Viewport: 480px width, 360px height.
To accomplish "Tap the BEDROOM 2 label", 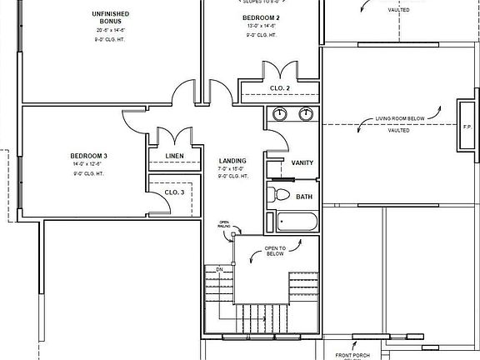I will (x=260, y=17).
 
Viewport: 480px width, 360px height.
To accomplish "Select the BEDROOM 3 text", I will (x=88, y=156).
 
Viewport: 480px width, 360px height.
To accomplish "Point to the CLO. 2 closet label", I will (x=280, y=87).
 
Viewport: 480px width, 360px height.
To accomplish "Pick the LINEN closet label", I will (x=174, y=156).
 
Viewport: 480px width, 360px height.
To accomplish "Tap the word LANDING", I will (x=232, y=161).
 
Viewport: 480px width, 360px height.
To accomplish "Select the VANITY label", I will (x=302, y=162).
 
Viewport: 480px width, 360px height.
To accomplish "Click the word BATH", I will (x=304, y=197).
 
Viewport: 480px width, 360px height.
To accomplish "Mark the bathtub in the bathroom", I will (x=296, y=222).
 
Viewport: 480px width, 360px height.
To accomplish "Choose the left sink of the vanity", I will (x=280, y=114).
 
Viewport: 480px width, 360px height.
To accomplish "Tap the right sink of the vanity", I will (x=306, y=114).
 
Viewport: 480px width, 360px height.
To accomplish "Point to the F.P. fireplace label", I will (x=466, y=127).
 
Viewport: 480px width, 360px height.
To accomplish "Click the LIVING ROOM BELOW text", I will (x=400, y=118).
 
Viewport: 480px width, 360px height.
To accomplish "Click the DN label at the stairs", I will (x=219, y=270).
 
